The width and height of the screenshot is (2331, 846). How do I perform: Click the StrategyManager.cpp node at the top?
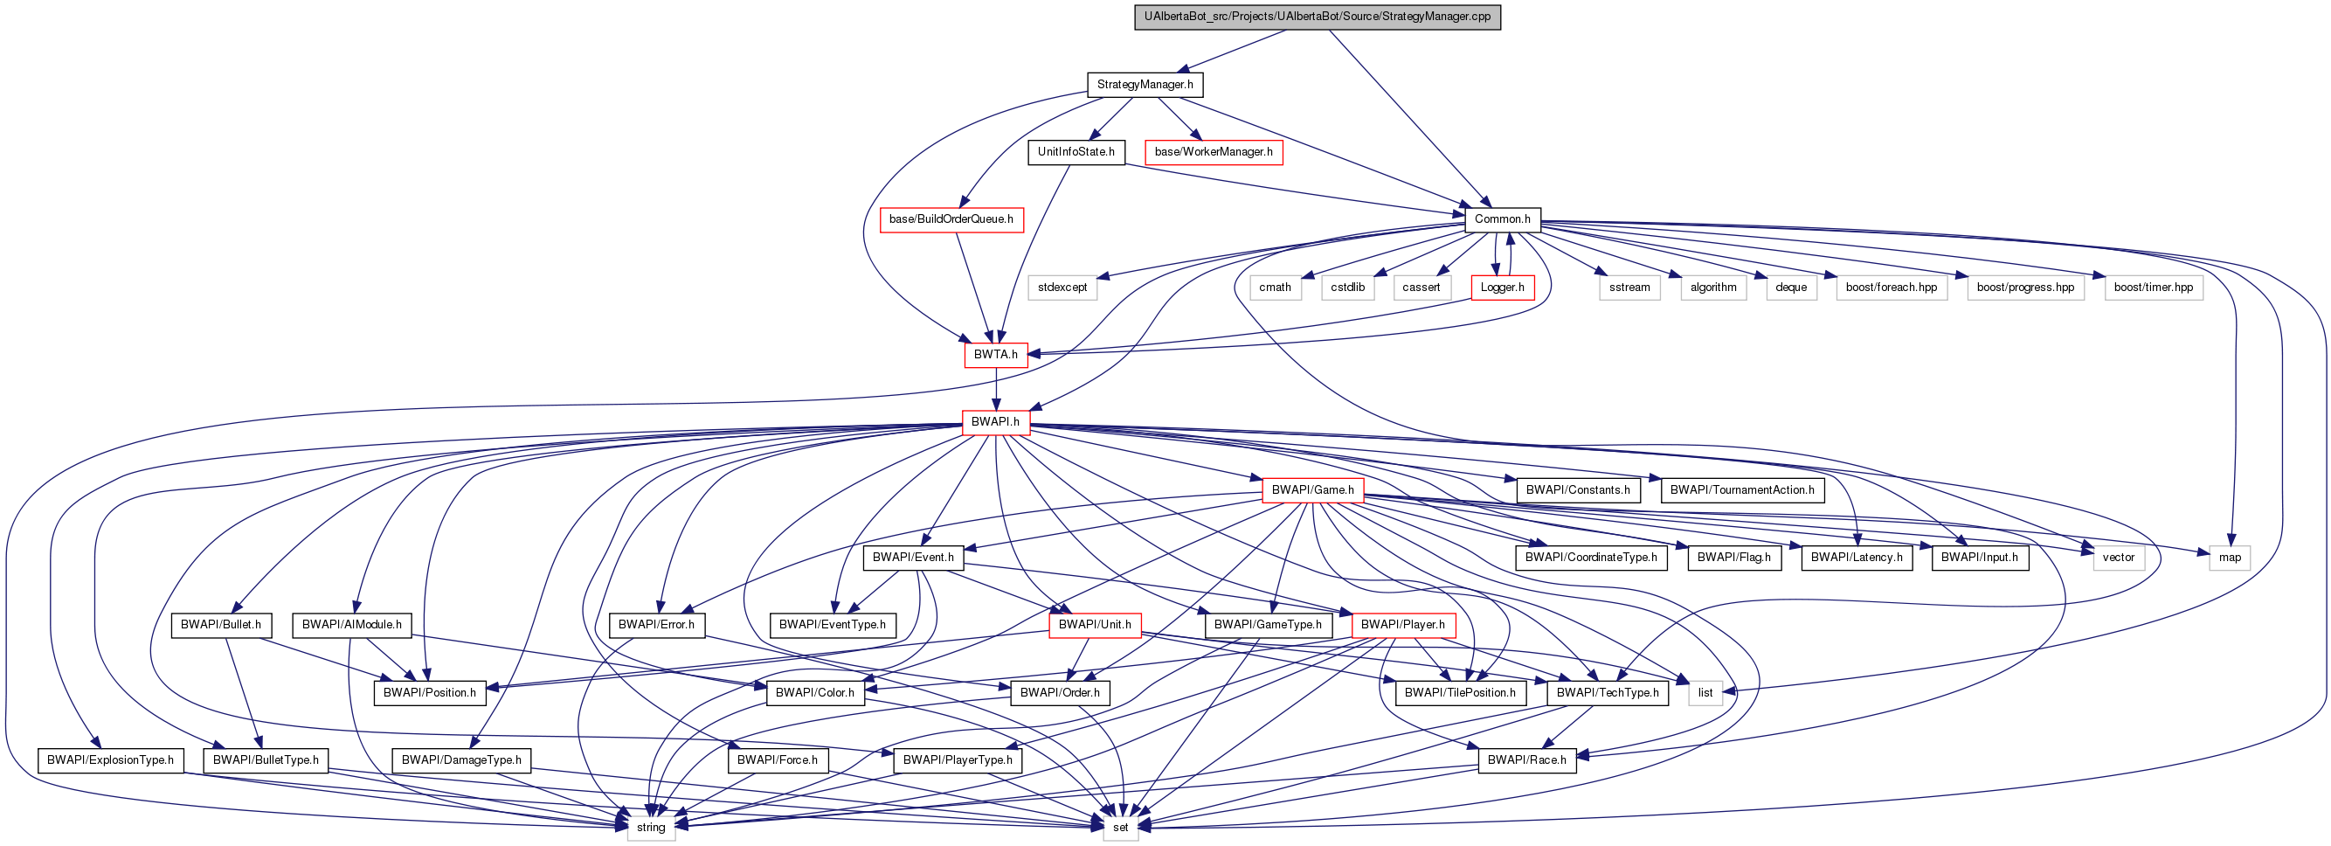pyautogui.click(x=1317, y=17)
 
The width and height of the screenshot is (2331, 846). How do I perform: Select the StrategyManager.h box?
pyautogui.click(x=1145, y=84)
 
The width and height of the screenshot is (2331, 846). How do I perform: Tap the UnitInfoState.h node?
pyautogui.click(x=1076, y=151)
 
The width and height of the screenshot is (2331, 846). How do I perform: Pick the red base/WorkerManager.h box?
pyautogui.click(x=1213, y=151)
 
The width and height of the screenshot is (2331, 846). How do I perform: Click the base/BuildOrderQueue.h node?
pyautogui.click(x=951, y=219)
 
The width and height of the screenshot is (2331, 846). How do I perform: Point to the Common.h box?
pyautogui.click(x=1502, y=219)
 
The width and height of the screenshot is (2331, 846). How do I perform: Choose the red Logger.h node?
pyautogui.click(x=1502, y=287)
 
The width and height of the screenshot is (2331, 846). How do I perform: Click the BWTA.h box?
pyautogui.click(x=995, y=354)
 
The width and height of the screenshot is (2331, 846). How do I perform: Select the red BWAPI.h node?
pyautogui.click(x=995, y=421)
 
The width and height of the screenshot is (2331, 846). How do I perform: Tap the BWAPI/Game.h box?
pyautogui.click(x=1312, y=489)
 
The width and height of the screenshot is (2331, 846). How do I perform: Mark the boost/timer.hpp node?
pyautogui.click(x=2153, y=287)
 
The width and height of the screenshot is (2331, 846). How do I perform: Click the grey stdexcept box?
pyautogui.click(x=1062, y=287)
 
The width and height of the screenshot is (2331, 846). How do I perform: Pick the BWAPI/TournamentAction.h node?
pyautogui.click(x=1742, y=489)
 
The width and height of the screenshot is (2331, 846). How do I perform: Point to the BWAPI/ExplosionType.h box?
pyautogui.click(x=110, y=759)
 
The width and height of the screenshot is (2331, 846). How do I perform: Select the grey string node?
pyautogui.click(x=651, y=827)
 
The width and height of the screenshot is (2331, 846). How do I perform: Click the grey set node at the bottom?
pyautogui.click(x=1120, y=827)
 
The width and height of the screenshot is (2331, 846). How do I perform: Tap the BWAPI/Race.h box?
pyautogui.click(x=1526, y=759)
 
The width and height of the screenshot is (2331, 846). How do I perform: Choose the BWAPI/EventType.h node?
pyautogui.click(x=832, y=624)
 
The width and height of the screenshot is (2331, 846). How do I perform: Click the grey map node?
pyautogui.click(x=2230, y=558)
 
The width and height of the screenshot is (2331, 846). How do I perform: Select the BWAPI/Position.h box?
pyautogui.click(x=429, y=692)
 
